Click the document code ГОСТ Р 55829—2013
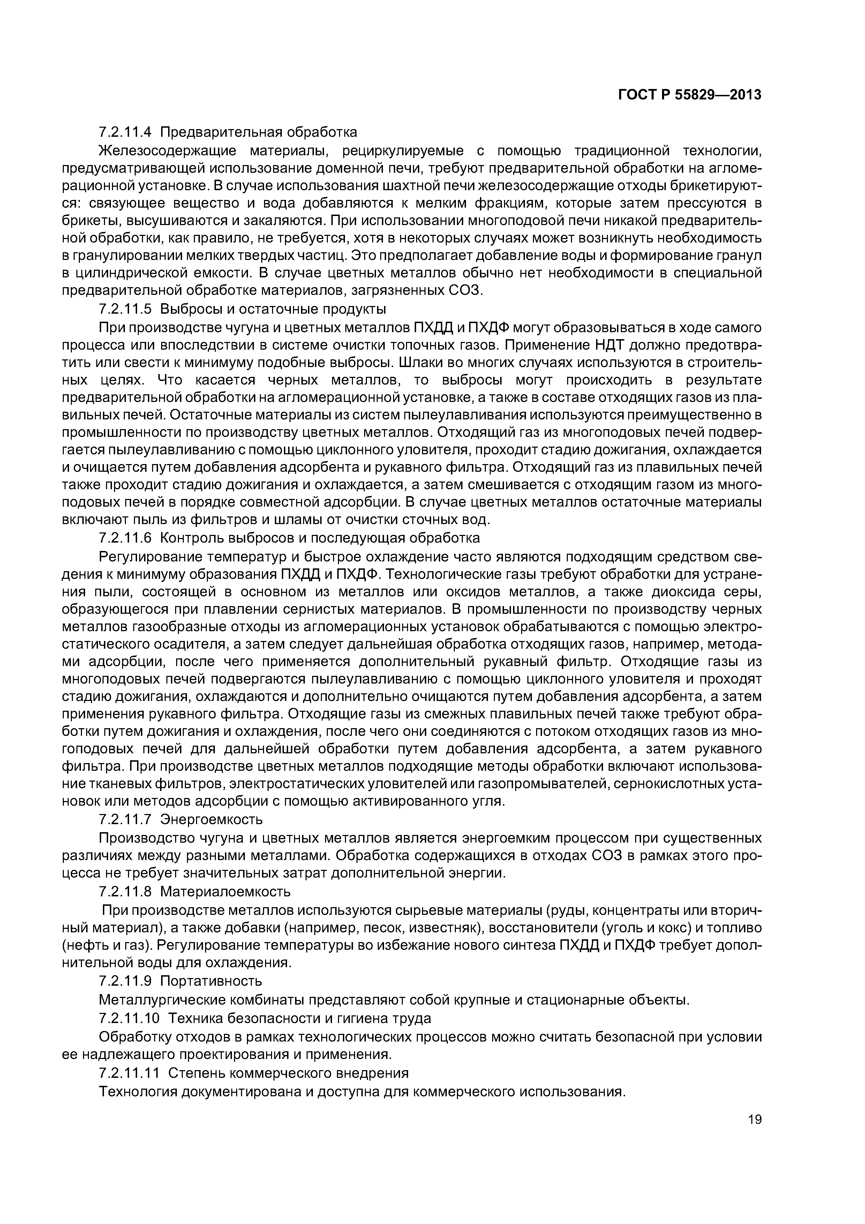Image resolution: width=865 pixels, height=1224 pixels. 690,95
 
